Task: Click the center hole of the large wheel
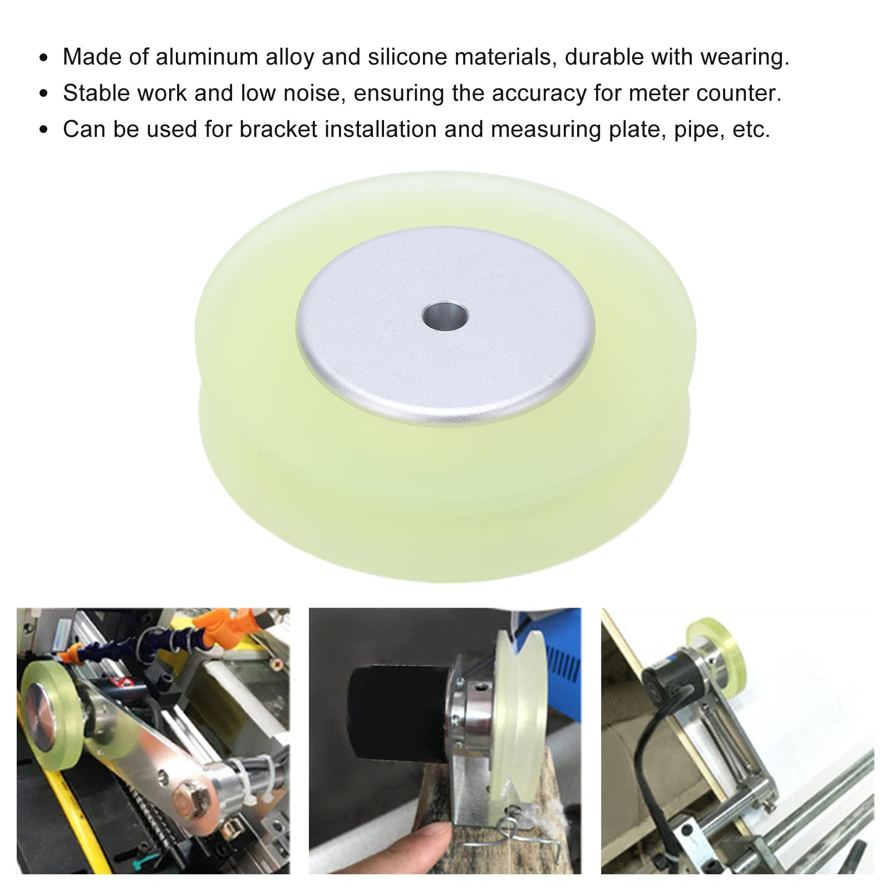[445, 316]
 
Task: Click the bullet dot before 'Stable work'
[45, 93]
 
